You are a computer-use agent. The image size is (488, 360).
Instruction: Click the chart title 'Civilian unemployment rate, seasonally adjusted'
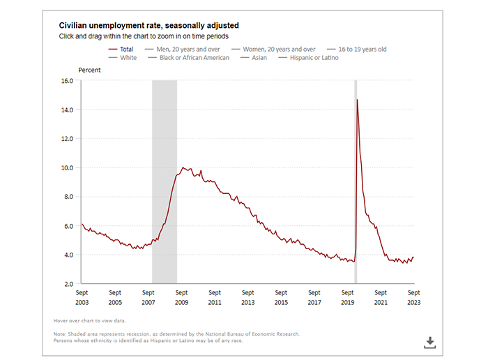tap(149, 26)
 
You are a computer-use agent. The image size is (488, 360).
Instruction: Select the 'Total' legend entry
tap(126, 50)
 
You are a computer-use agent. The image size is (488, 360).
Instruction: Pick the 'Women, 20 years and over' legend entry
tap(278, 50)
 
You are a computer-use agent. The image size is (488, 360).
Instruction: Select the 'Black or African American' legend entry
tap(192, 58)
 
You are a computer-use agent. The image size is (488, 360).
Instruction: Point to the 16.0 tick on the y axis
tap(68, 81)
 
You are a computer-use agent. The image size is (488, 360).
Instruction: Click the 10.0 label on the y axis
tap(68, 168)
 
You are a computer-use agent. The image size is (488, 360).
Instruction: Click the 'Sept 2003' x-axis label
tap(82, 298)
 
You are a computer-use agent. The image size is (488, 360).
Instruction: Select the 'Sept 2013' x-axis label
tap(248, 298)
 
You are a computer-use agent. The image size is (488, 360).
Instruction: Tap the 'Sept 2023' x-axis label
tap(414, 298)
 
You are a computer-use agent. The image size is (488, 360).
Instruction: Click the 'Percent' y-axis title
tap(89, 70)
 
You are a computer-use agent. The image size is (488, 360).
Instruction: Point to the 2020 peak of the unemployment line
tap(358, 100)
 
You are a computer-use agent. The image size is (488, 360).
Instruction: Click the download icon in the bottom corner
tap(430, 342)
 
